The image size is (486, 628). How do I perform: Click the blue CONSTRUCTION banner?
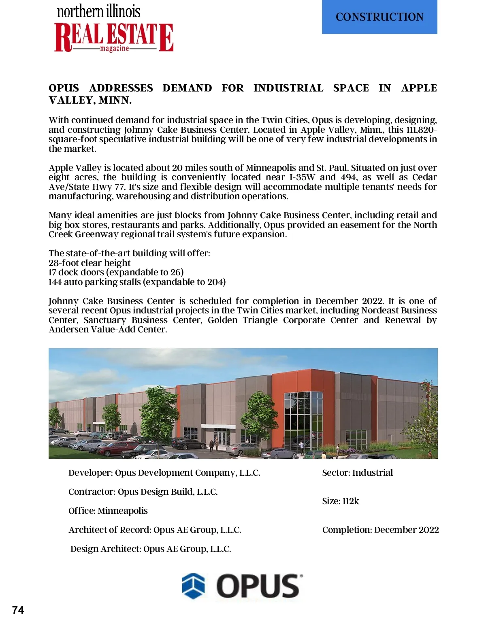[x=379, y=17]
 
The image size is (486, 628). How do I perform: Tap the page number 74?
[x=18, y=610]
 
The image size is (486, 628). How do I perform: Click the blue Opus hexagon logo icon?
[x=193, y=585]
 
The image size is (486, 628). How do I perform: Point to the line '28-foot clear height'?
[x=90, y=263]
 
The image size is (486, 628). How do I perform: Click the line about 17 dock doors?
[x=116, y=272]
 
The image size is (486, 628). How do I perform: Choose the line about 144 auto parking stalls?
[x=137, y=282]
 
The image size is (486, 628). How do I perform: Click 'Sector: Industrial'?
[x=357, y=473]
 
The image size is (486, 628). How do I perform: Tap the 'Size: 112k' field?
[x=340, y=501]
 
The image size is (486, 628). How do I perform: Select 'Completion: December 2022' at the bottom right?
[x=380, y=530]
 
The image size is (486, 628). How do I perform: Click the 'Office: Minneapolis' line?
[x=108, y=511]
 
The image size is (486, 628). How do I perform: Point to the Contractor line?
[x=143, y=492]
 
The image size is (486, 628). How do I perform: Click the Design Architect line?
[x=151, y=549]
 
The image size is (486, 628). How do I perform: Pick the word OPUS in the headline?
[x=64, y=88]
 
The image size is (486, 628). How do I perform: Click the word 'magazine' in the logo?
[x=115, y=49]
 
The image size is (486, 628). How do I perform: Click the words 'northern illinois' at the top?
[x=98, y=11]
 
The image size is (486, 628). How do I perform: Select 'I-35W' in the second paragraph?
[x=302, y=177]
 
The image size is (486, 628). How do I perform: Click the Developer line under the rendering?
[x=164, y=473]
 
